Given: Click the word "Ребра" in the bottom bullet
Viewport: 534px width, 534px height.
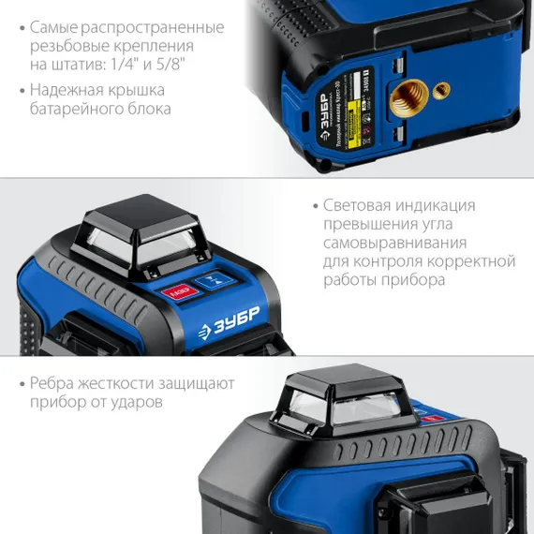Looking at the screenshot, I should click(x=54, y=382).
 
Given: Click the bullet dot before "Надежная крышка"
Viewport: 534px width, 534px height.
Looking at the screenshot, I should click(x=21, y=91).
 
